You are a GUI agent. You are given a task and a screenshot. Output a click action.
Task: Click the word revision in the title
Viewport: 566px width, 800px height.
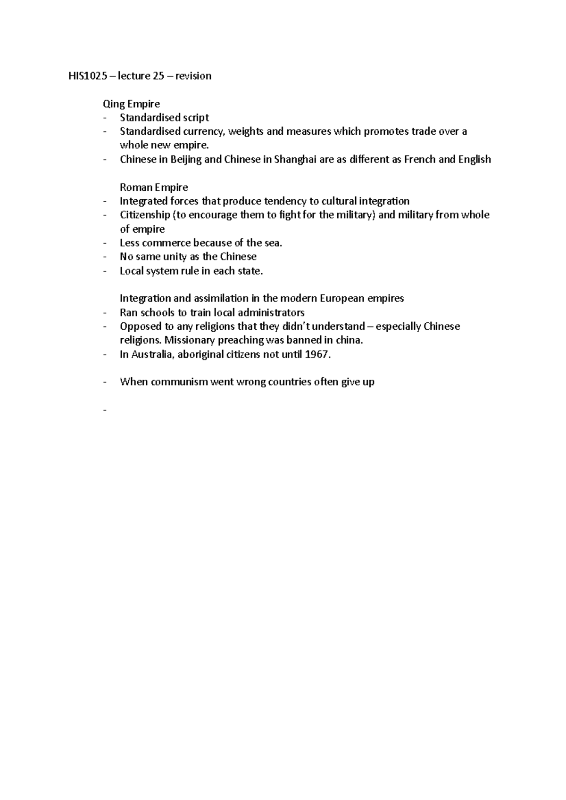coord(193,76)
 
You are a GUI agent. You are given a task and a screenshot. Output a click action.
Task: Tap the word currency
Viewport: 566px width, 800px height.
coord(203,131)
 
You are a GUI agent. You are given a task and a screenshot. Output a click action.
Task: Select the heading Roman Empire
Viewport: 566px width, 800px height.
coord(154,187)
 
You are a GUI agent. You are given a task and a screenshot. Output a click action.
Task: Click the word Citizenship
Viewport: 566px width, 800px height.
coord(145,215)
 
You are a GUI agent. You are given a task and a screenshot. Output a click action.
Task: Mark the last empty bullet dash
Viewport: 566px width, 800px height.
coord(104,410)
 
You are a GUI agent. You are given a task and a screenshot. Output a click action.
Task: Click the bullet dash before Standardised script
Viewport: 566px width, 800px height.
coord(104,118)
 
